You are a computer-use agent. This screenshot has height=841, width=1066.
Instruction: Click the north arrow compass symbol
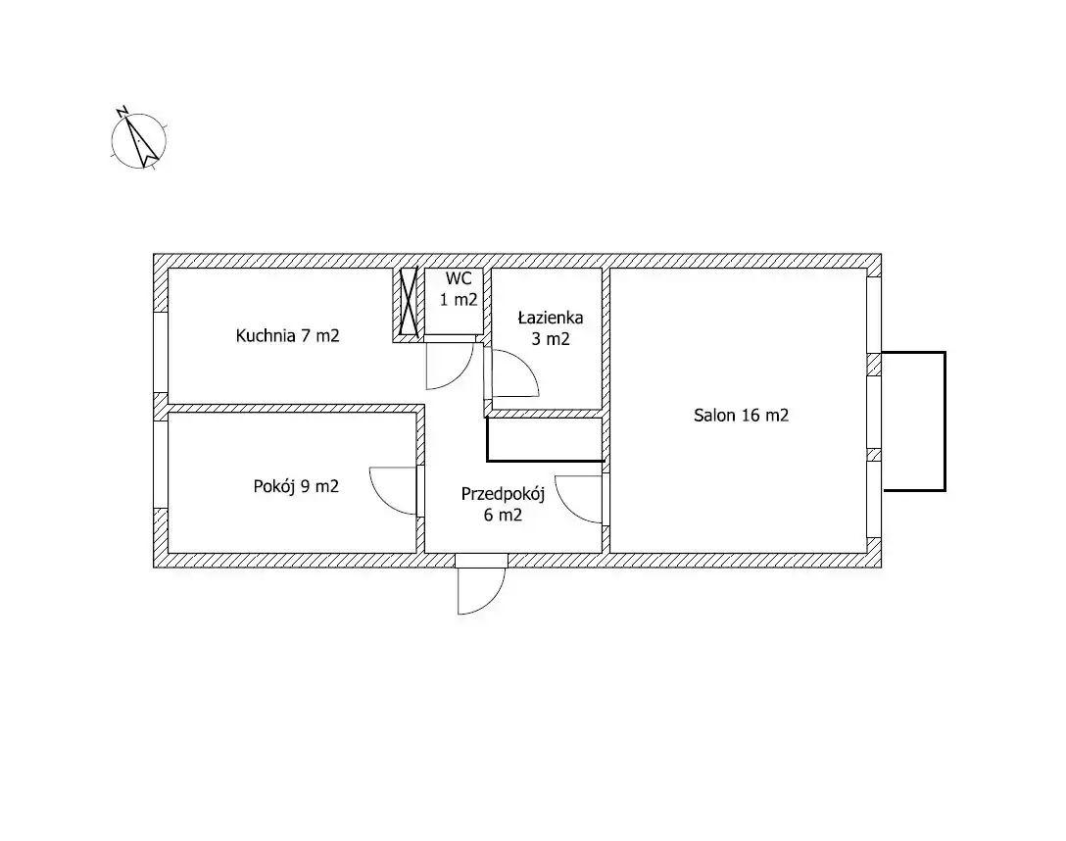tap(139, 141)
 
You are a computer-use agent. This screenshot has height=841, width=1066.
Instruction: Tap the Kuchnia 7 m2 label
tap(288, 335)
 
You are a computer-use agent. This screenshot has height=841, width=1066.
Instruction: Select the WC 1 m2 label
tap(459, 289)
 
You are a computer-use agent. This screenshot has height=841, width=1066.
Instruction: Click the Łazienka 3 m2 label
tap(551, 327)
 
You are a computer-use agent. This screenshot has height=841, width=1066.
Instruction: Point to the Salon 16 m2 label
tap(741, 415)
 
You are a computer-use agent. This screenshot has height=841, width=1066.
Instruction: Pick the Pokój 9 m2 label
tap(296, 486)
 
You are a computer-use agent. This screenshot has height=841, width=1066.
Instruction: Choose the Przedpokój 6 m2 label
tap(503, 504)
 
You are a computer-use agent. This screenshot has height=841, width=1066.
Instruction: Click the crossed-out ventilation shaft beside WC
tap(409, 301)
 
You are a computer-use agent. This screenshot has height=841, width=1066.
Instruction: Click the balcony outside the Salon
tap(945, 420)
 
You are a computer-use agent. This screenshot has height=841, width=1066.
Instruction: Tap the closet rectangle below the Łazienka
tap(545, 439)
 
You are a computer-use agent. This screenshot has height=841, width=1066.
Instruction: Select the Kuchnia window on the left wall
tap(161, 352)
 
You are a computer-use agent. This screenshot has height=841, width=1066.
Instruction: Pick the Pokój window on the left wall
tap(161, 465)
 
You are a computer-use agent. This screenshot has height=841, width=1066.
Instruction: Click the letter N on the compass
tap(122, 111)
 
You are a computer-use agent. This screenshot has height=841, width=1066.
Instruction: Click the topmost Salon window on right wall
tap(874, 315)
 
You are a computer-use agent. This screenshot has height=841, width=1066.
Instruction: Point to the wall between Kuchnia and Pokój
tap(297, 408)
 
